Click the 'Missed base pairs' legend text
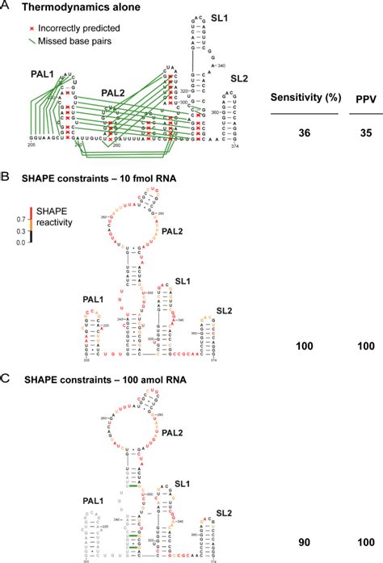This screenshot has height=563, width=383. click(67, 39)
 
